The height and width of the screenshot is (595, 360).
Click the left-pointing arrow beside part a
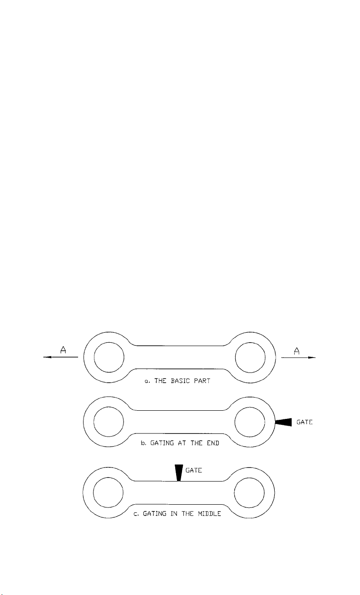pyautogui.click(x=60, y=357)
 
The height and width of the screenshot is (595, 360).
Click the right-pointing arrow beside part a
pyautogui.click(x=299, y=358)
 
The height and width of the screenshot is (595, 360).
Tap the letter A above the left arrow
pyautogui.click(x=63, y=349)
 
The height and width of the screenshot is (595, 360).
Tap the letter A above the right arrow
pyautogui.click(x=297, y=351)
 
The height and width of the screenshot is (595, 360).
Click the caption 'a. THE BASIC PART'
pyautogui.click(x=177, y=381)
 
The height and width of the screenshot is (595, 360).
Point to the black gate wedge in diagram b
pyautogui.click(x=283, y=422)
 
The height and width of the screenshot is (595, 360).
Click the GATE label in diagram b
pyautogui.click(x=305, y=422)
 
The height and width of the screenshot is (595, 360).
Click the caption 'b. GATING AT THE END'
pyautogui.click(x=180, y=443)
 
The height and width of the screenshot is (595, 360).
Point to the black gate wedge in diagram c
pyautogui.click(x=179, y=472)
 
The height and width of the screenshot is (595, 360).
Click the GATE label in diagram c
pyautogui.click(x=194, y=470)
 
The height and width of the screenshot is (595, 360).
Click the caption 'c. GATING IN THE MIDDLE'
pyautogui.click(x=177, y=513)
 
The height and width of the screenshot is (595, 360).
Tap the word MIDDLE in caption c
pyautogui.click(x=209, y=513)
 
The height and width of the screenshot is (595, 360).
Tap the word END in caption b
pyautogui.click(x=213, y=443)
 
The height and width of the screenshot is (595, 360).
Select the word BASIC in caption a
pyautogui.click(x=180, y=381)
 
